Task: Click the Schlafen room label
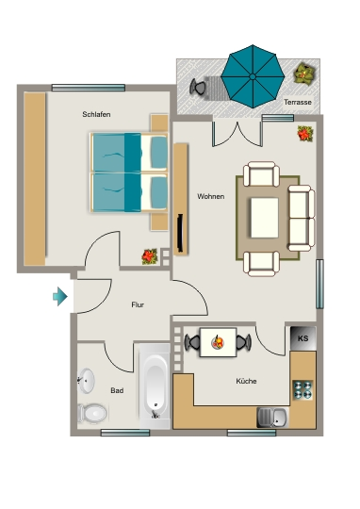tap(96, 114)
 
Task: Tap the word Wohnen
tap(211, 196)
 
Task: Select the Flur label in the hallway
tap(138, 304)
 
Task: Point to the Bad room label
tap(117, 390)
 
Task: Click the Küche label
tap(246, 381)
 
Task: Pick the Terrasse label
tap(298, 102)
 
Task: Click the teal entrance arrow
tap(60, 296)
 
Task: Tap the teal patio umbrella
tap(253, 76)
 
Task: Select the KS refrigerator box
tap(303, 338)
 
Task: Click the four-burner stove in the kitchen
tap(303, 390)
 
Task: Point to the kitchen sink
tap(272, 418)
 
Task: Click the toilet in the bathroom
tap(92, 413)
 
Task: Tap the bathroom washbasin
tap(87, 381)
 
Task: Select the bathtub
tap(155, 386)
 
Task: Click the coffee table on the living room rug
tap(265, 218)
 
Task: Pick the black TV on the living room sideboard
tap(180, 233)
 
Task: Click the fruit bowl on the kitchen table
tap(218, 342)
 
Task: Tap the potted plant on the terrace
tap(304, 74)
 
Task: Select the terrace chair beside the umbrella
tap(198, 87)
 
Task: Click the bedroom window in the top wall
tap(89, 88)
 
